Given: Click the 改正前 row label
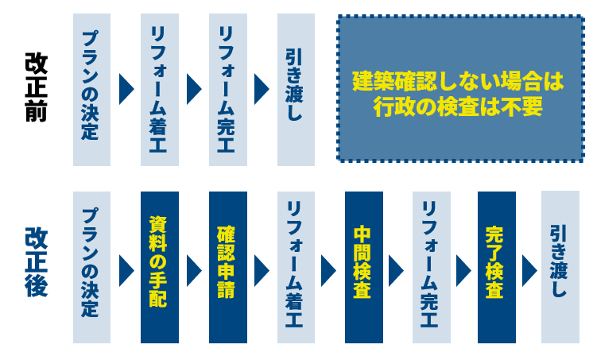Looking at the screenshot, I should coord(37,87).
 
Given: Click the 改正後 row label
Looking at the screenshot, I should coord(37,262).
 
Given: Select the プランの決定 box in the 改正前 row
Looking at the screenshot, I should coord(91,89).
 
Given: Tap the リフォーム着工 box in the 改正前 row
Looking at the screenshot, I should coord(159,89).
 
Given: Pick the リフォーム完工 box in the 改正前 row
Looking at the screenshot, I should coord(227,89).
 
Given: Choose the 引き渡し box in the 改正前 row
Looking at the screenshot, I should coord(296,89).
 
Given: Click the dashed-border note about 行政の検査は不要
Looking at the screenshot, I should coord(460,89).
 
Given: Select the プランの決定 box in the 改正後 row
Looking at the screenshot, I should coord(91,267).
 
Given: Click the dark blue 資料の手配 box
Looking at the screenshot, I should coord(159,267).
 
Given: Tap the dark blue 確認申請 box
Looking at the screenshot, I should coord(227,267).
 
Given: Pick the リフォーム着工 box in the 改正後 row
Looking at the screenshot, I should coord(296,267).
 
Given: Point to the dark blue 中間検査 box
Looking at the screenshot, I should coord(363,267).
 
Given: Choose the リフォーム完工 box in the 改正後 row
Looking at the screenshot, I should coord(431,267).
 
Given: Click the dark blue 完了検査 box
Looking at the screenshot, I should coord(496,267).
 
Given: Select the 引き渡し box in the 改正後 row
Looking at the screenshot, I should coord(560,267).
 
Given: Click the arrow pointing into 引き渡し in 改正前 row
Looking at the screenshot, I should coord(261,89).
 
